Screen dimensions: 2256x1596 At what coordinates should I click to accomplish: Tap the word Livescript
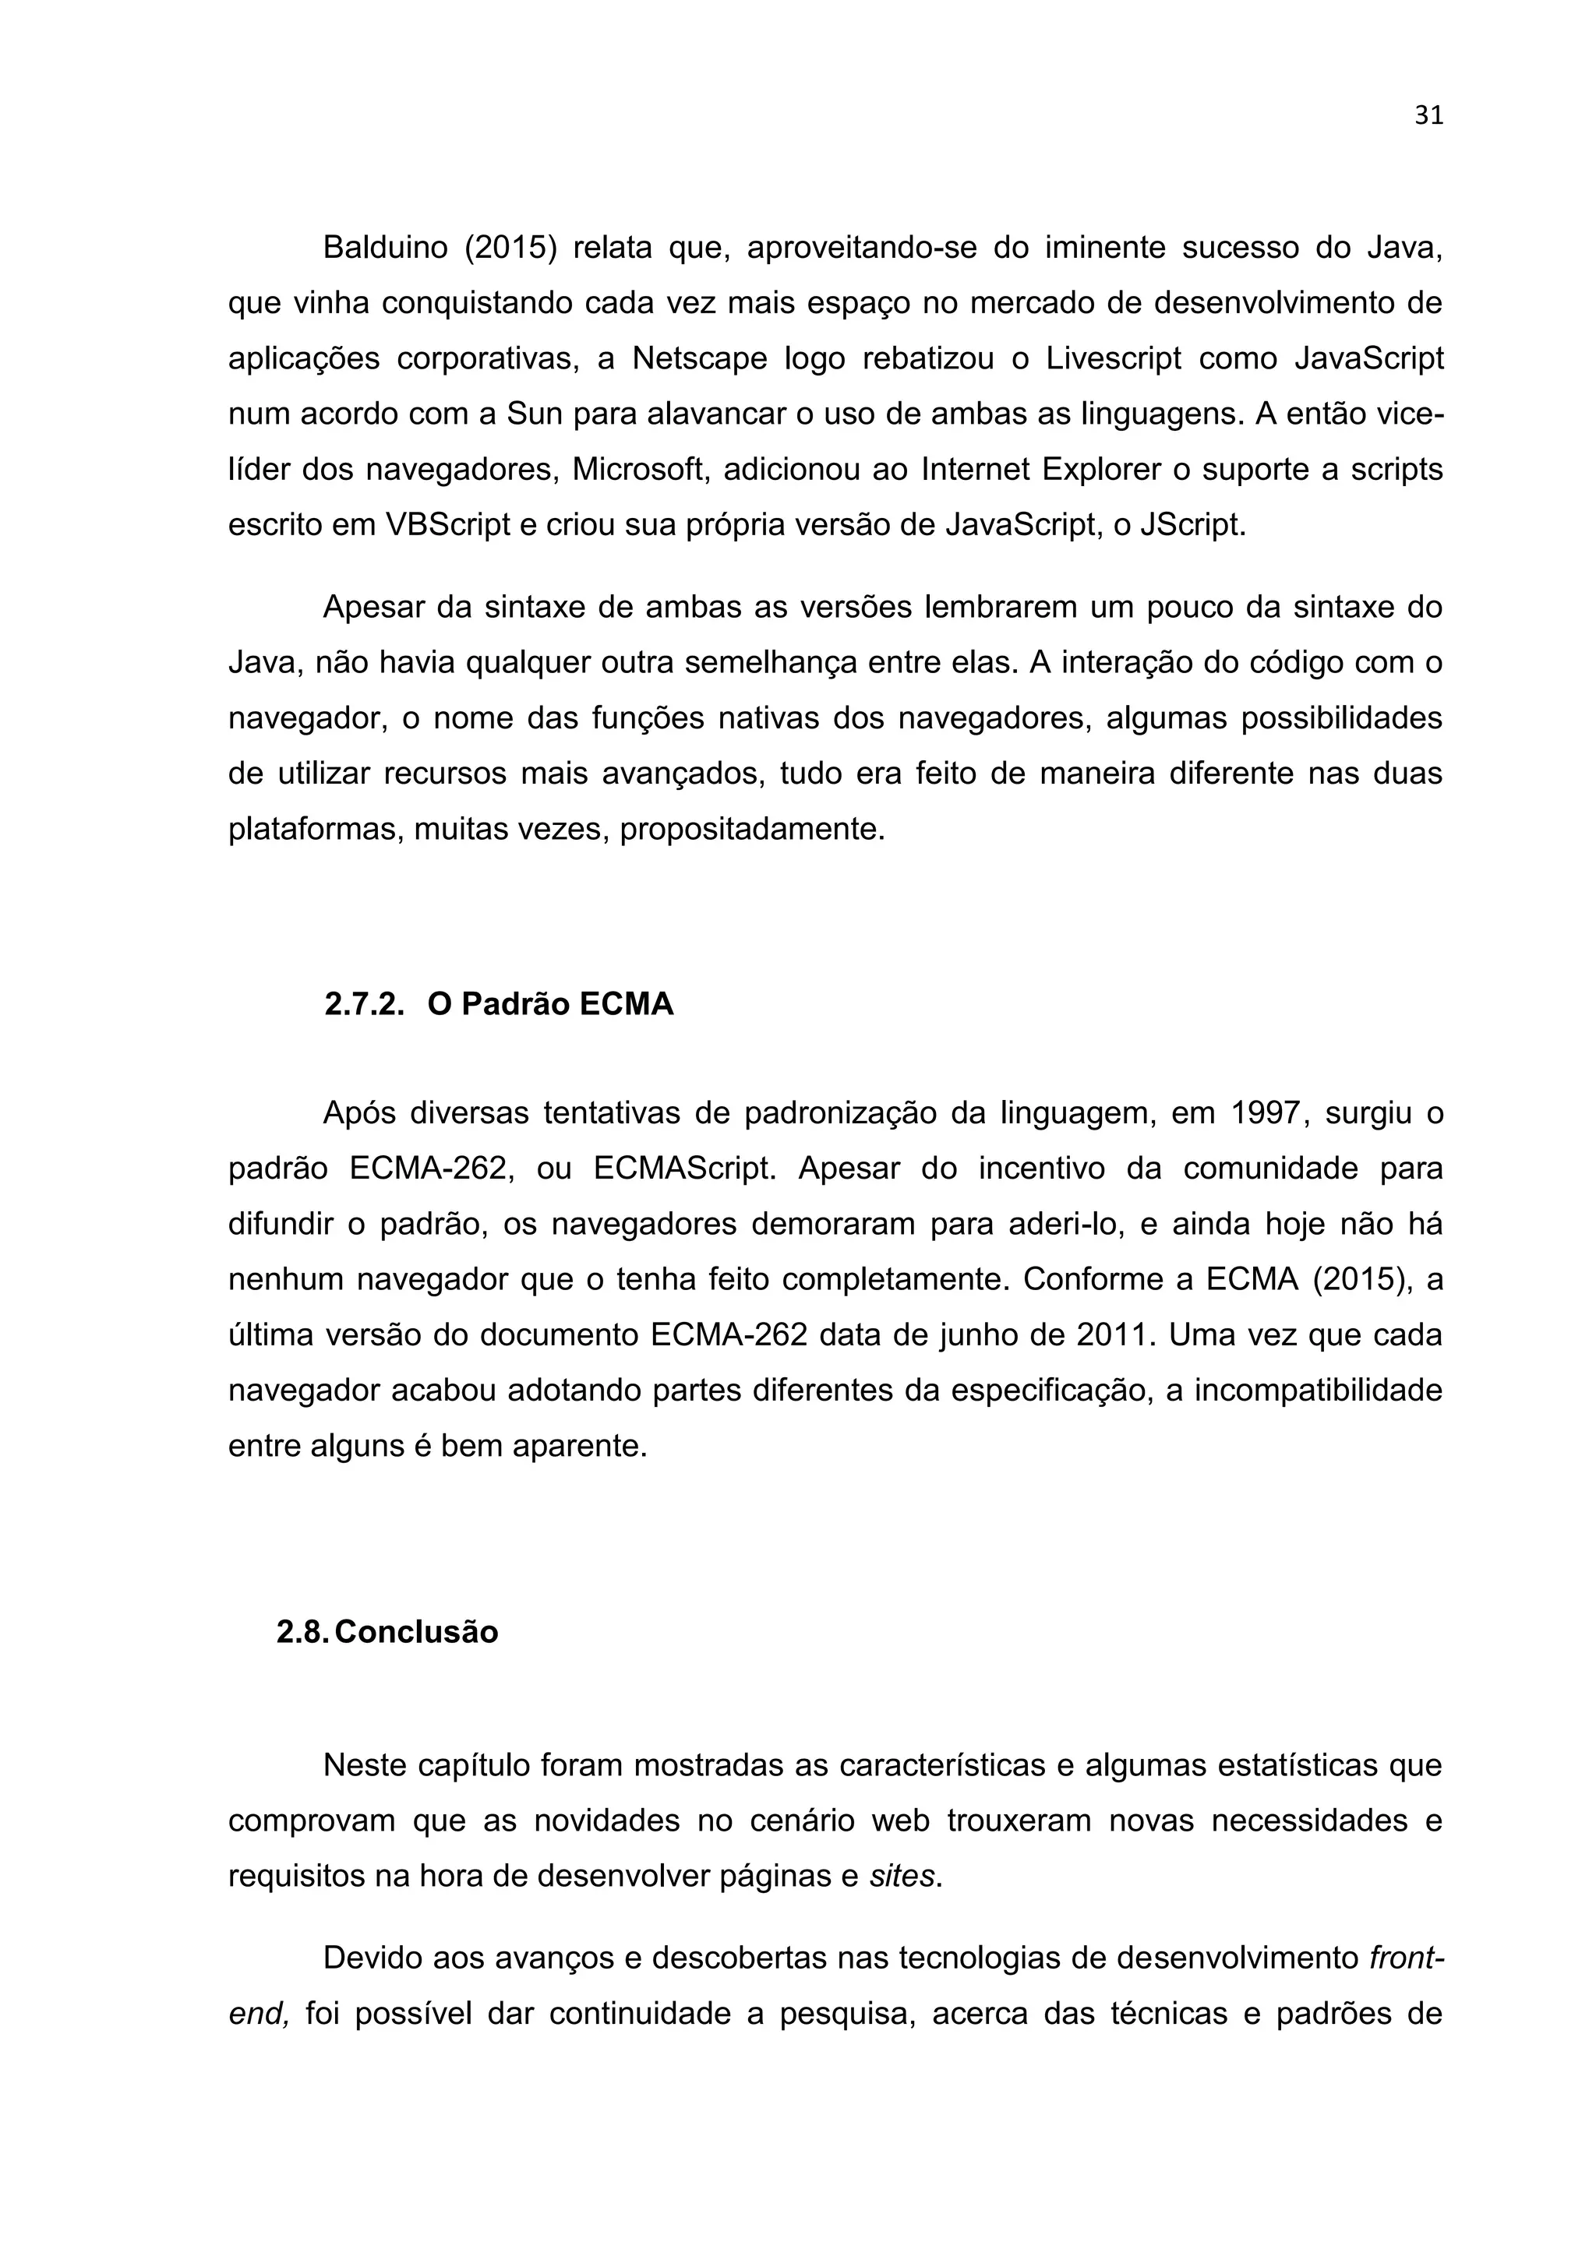point(1114,358)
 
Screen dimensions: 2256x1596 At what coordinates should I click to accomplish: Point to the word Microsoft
point(641,470)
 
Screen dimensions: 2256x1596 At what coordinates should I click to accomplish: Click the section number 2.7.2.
point(365,1005)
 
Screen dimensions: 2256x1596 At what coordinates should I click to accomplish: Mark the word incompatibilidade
point(1318,1392)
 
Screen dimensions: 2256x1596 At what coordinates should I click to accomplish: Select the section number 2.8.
point(302,1633)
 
